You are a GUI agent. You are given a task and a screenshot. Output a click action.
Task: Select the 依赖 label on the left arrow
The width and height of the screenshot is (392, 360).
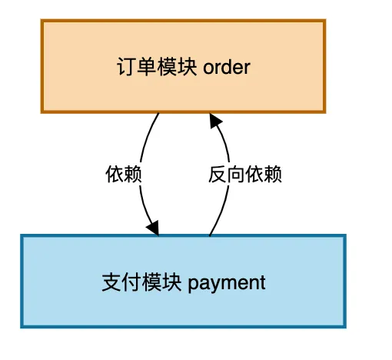click(x=124, y=175)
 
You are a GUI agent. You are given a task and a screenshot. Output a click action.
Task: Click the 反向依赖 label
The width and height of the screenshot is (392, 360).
click(x=245, y=175)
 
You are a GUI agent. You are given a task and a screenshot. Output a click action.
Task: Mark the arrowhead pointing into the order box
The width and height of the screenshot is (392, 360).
click(x=214, y=120)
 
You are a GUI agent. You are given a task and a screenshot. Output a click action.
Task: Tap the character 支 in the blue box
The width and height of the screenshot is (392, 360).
click(x=110, y=282)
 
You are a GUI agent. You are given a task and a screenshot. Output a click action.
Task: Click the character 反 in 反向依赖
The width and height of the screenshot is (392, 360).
click(x=218, y=175)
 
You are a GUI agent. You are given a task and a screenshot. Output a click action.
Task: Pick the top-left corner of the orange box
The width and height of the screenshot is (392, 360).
click(x=42, y=22)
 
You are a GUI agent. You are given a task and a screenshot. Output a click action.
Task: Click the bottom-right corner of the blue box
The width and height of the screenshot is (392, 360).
click(x=345, y=327)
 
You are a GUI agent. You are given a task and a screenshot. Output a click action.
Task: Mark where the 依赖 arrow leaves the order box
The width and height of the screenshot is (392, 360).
click(x=158, y=114)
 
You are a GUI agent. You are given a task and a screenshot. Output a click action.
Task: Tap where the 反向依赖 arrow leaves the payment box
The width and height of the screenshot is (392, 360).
click(x=209, y=235)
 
